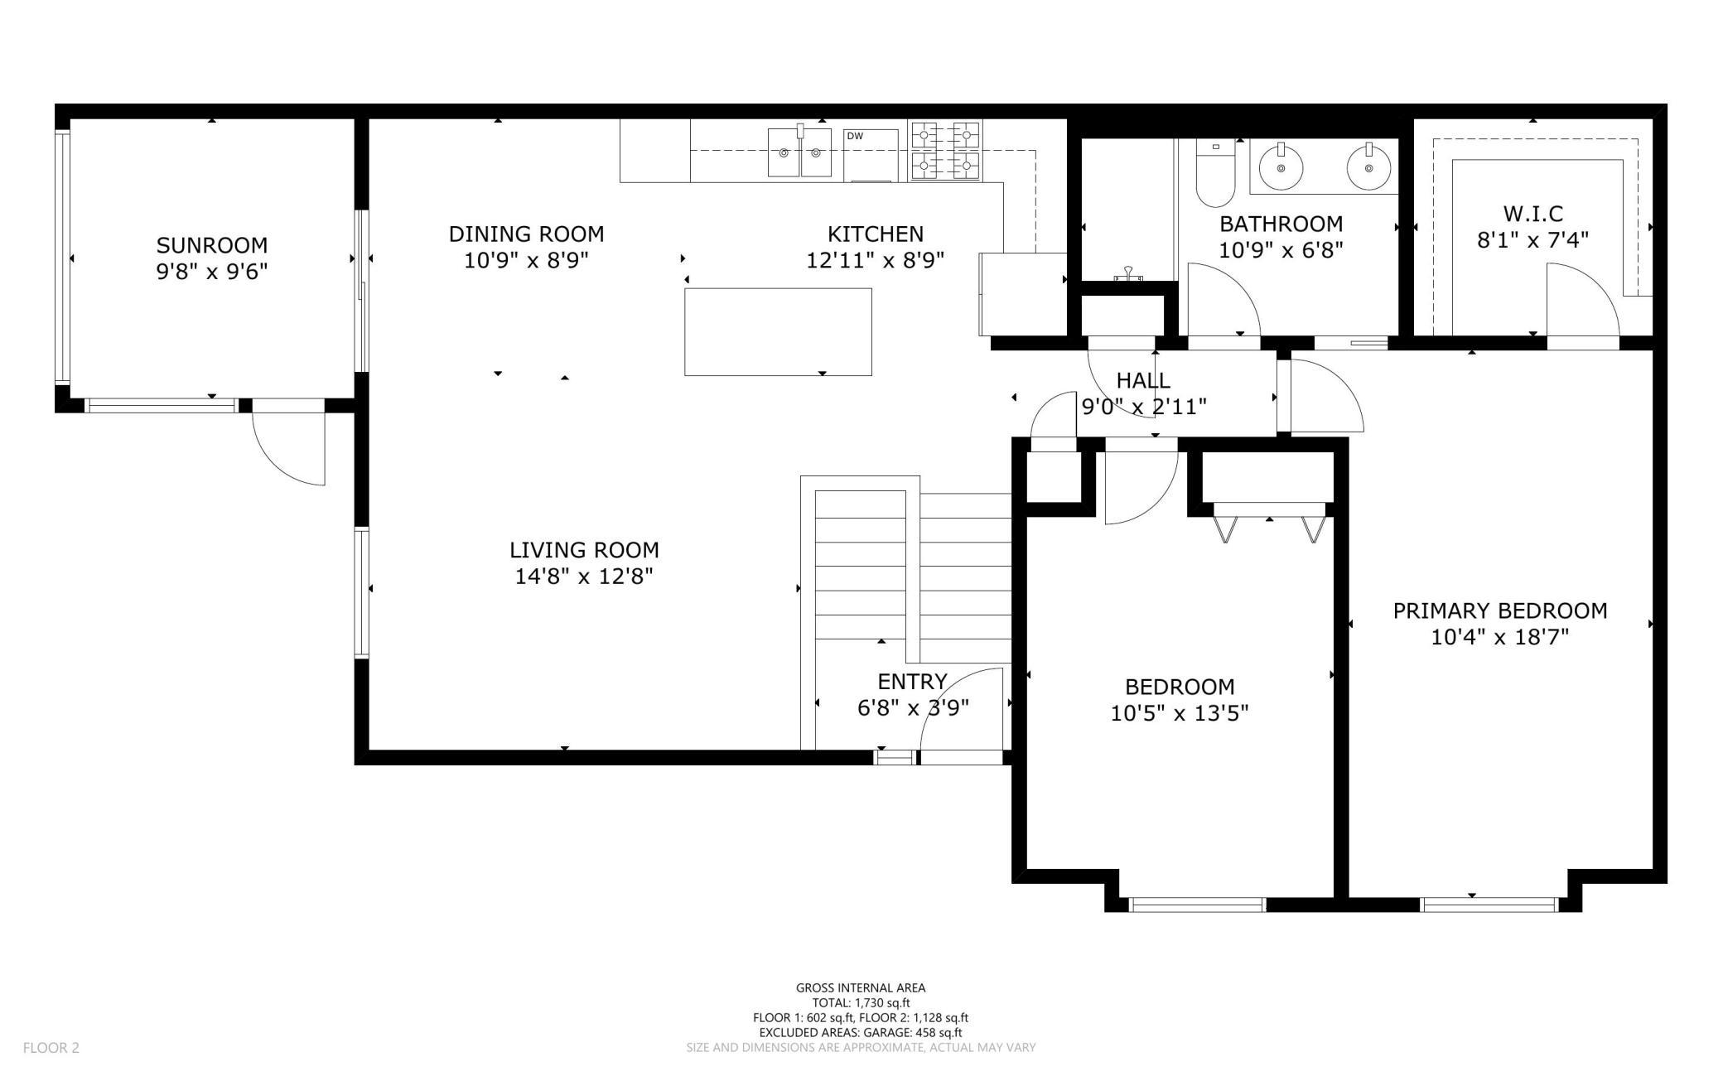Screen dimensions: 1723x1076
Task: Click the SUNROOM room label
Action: tap(212, 245)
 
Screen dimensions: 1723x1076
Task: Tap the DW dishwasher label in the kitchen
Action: tap(854, 136)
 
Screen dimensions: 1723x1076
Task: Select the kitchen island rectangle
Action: tap(778, 332)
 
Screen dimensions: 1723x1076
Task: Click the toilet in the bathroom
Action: tap(1215, 173)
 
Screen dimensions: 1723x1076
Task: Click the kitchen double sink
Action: tap(799, 152)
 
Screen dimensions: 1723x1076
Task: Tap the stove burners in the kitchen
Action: tap(945, 151)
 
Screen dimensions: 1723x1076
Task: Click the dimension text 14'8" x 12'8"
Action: tap(584, 577)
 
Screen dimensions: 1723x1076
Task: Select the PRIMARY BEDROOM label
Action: tap(1500, 611)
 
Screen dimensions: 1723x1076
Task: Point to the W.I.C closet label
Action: tap(1533, 214)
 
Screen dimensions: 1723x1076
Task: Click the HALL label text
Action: tap(1143, 380)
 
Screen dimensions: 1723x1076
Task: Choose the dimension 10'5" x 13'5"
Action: tap(1180, 713)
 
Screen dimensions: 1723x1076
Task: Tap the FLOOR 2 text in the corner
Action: tap(51, 1048)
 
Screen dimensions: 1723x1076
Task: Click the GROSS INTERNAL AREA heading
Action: tap(861, 987)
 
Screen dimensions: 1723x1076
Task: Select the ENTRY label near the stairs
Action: tap(912, 682)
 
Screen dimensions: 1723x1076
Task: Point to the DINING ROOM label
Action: tap(526, 234)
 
